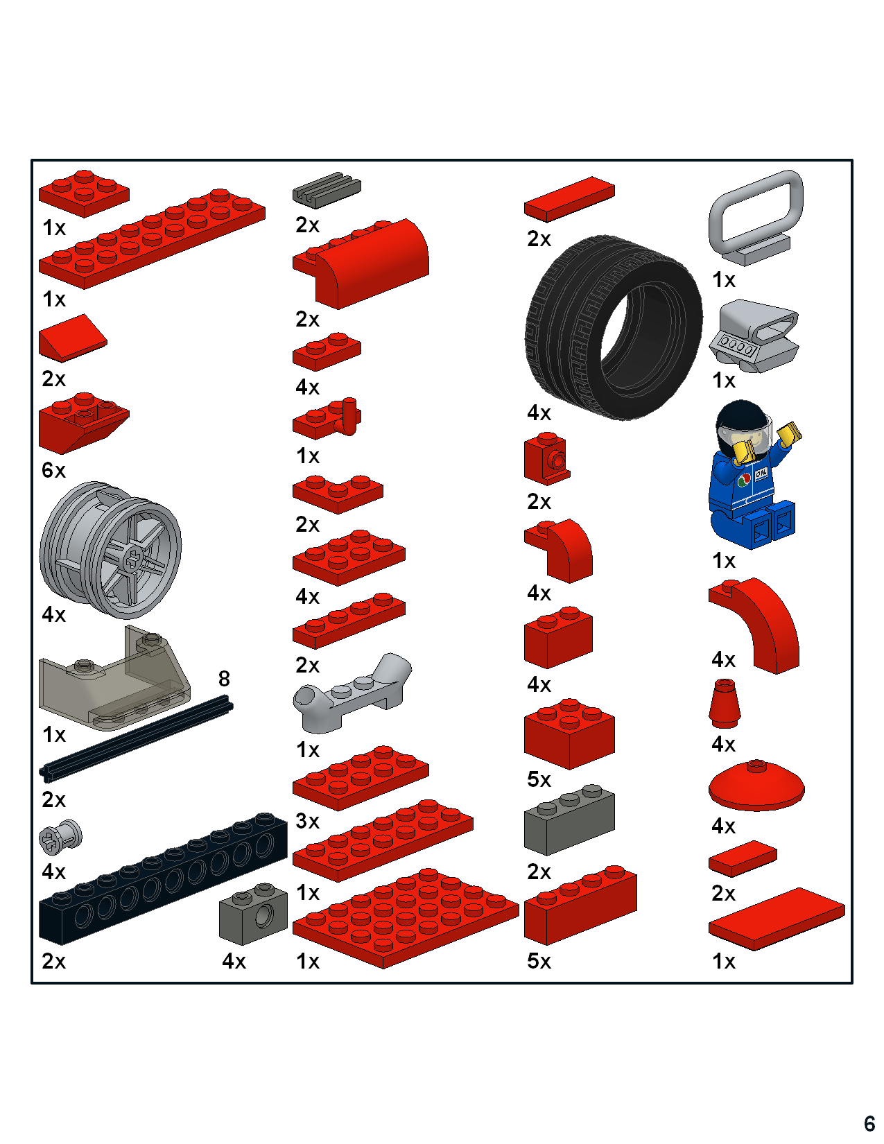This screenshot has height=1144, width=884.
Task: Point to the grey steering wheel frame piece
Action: pyautogui.click(x=756, y=215)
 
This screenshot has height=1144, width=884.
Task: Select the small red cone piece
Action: pyautogui.click(x=725, y=704)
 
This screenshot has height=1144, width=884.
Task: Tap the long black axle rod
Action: pyautogui.click(x=135, y=740)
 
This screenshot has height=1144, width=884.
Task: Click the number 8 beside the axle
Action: pyautogui.click(x=224, y=679)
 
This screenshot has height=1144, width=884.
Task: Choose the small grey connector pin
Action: pyautogui.click(x=61, y=836)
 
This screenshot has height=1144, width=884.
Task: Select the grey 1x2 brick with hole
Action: pyautogui.click(x=254, y=914)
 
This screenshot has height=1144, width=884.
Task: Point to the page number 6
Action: pyautogui.click(x=869, y=1123)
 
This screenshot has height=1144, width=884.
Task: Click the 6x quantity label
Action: pyautogui.click(x=53, y=470)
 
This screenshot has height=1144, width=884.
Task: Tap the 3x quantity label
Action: pyautogui.click(x=307, y=821)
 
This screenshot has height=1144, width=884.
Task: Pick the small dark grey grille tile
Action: pyautogui.click(x=327, y=189)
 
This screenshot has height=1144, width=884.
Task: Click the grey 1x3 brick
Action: pyautogui.click(x=569, y=820)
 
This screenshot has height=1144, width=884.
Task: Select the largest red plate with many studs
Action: pyautogui.click(x=406, y=919)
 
